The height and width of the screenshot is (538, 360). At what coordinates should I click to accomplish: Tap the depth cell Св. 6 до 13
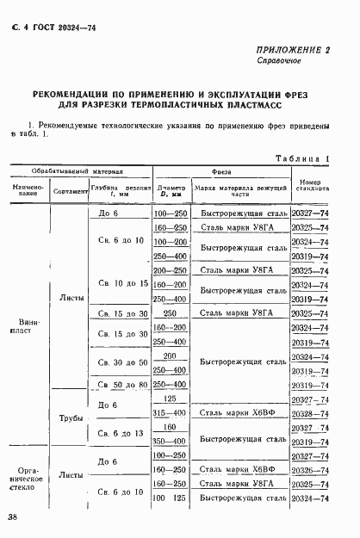point(121,432)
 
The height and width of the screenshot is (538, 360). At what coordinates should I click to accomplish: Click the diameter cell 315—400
point(169,413)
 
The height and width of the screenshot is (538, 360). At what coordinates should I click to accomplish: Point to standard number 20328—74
point(310,413)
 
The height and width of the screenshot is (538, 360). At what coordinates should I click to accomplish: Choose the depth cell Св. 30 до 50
point(121,362)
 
